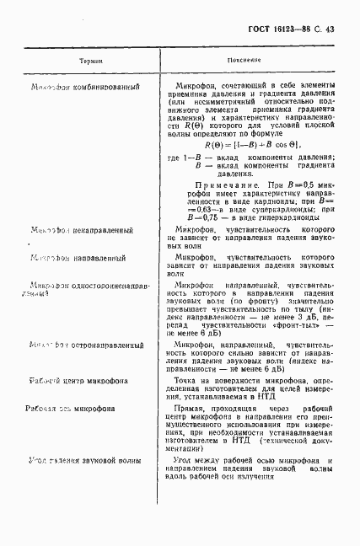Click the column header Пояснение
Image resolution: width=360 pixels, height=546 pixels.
(x=243, y=62)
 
